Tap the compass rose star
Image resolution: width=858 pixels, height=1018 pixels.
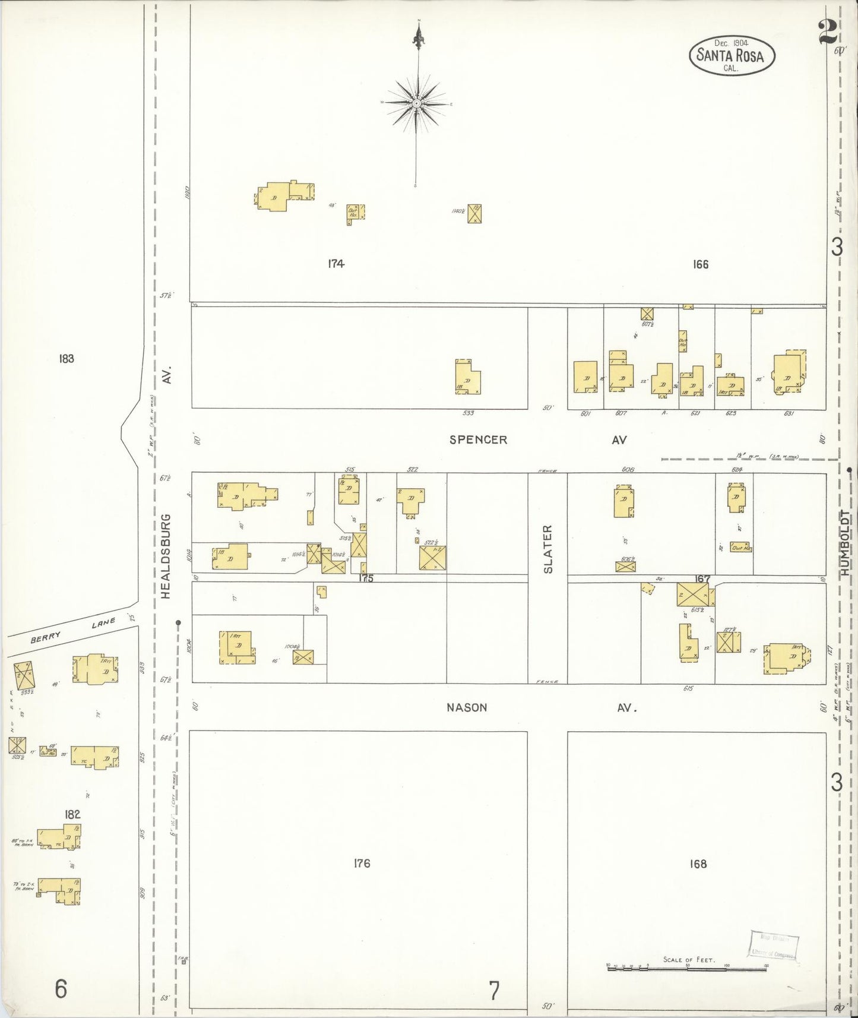417,103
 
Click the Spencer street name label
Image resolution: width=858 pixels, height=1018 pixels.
478,440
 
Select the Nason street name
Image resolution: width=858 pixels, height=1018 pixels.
468,707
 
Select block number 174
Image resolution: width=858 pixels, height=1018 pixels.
336,264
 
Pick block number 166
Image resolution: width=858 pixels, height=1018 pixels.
701,264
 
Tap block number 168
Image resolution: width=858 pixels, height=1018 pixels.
698,863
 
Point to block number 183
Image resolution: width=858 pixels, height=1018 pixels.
67,358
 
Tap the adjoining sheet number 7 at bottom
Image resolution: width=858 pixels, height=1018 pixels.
494,991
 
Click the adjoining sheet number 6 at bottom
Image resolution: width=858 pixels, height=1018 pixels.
61,989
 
